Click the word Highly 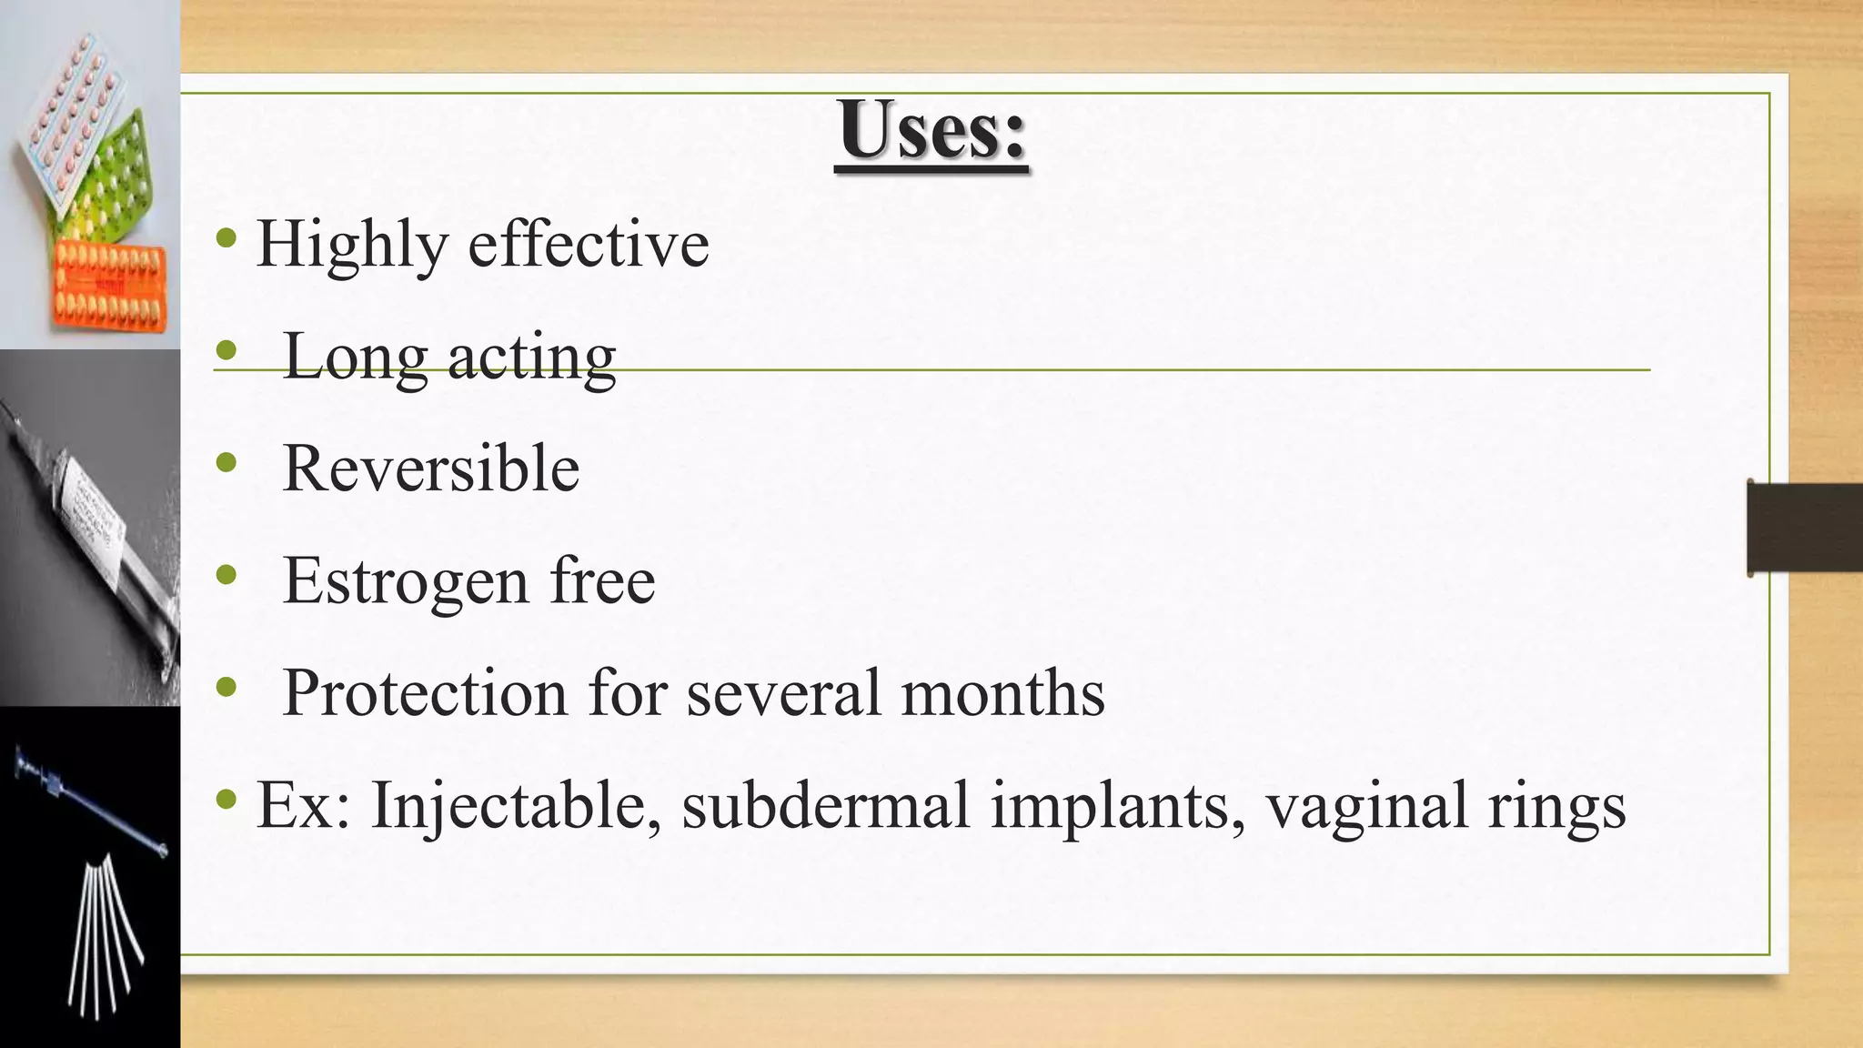coord(353,246)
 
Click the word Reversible coord(431,469)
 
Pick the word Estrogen coord(406,582)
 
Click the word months coord(1002,693)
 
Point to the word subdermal coord(826,806)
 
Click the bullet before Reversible coord(227,465)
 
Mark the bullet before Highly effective coord(227,240)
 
